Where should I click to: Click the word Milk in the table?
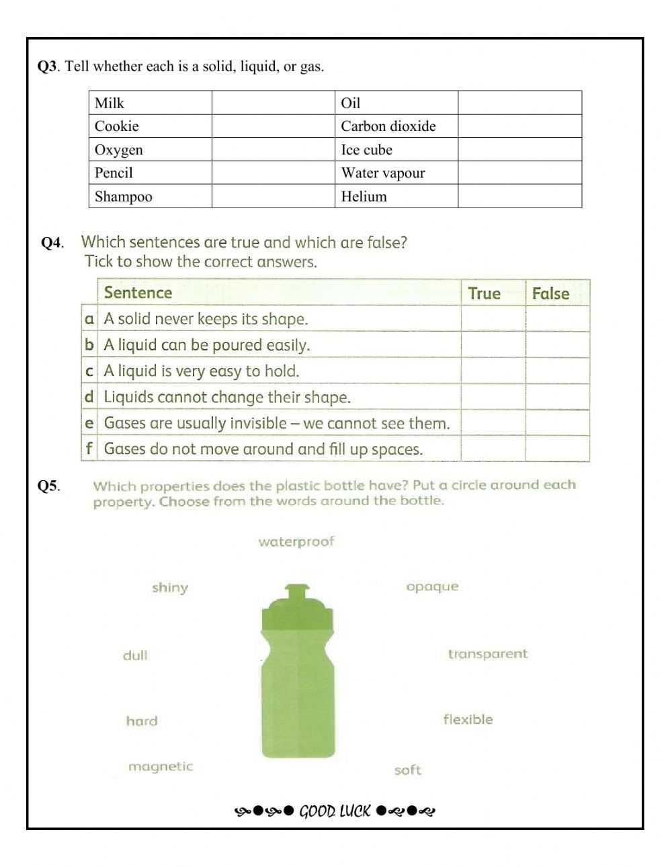pos(110,103)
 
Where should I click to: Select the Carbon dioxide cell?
pos(388,126)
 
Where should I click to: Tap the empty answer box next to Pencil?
pos(273,173)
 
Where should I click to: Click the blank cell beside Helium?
pos(519,196)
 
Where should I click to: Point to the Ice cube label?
pos(366,150)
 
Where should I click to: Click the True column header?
pos(485,293)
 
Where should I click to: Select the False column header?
pos(550,293)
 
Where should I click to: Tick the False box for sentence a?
pos(557,319)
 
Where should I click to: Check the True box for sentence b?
pos(493,345)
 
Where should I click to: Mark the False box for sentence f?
pos(557,449)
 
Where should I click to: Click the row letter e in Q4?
pos(89,423)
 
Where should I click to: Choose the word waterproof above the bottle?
pos(296,541)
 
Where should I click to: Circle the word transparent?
pos(488,653)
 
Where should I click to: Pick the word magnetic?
pos(161,766)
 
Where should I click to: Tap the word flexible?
pos(468,719)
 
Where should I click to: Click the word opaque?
pos(432,586)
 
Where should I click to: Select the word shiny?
pos(170,588)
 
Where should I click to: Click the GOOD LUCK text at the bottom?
pos(335,811)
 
